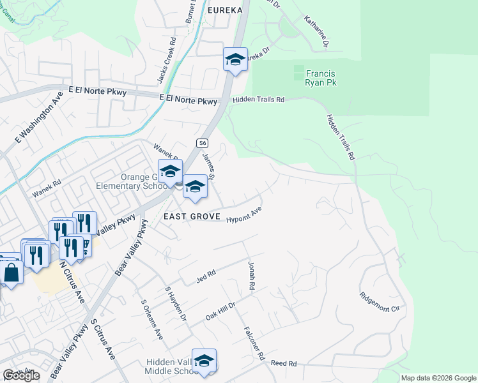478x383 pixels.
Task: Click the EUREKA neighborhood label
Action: pyautogui.click(x=225, y=11)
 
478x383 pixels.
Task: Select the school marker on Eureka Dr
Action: pyautogui.click(x=235, y=60)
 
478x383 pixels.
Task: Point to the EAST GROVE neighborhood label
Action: pyautogui.click(x=192, y=217)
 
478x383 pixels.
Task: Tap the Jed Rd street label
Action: pyautogui.click(x=207, y=274)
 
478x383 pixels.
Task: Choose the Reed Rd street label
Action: pyautogui.click(x=284, y=363)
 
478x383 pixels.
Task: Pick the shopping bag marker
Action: pyautogui.click(x=12, y=273)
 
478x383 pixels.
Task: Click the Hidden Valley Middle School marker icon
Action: pyautogui.click(x=204, y=361)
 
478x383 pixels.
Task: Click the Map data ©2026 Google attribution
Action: pyautogui.click(x=438, y=378)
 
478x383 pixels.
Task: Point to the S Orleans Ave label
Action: pyautogui.click(x=152, y=323)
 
